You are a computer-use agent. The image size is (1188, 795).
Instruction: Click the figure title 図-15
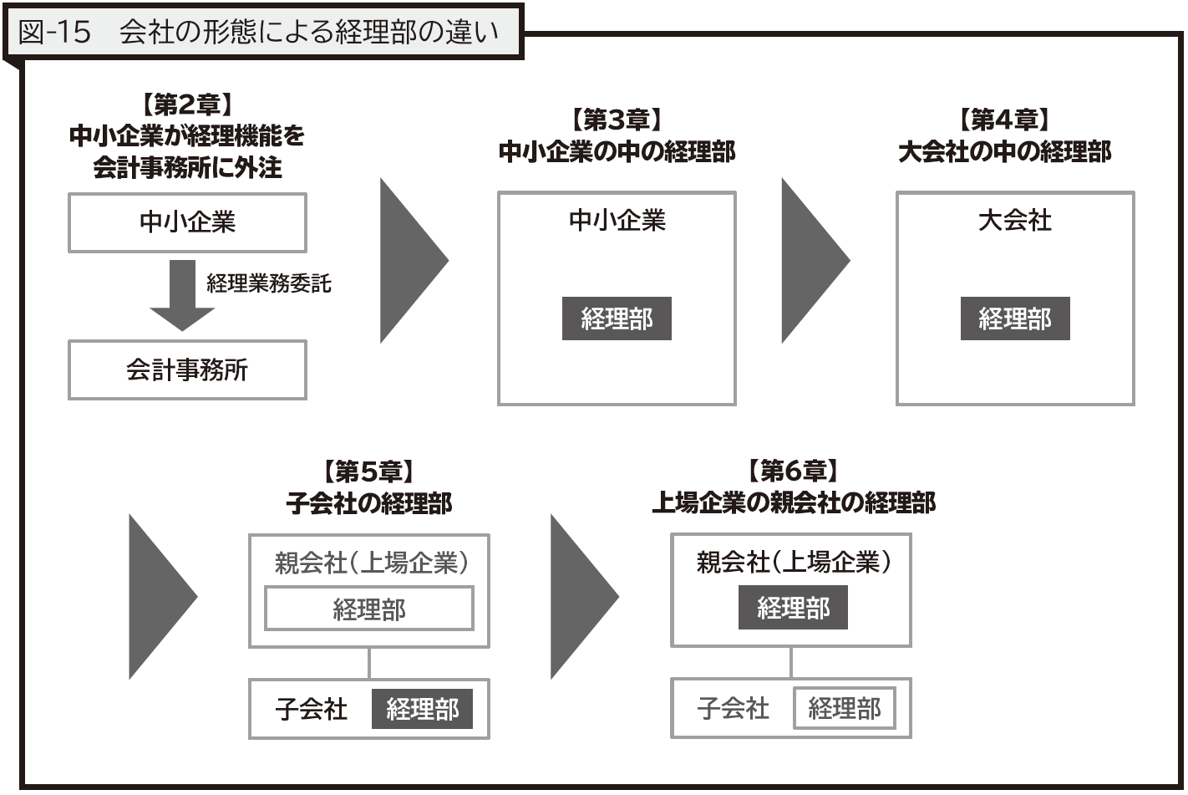point(54,32)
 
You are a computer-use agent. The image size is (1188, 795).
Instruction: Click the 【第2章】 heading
point(187,104)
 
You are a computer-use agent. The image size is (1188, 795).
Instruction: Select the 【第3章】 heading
point(617,120)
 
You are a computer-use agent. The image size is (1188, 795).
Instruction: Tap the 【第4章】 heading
point(1004,120)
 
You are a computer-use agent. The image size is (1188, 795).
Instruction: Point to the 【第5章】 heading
point(368,471)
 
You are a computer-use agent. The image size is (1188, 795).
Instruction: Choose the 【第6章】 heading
point(793,470)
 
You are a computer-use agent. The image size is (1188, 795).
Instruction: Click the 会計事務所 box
point(187,369)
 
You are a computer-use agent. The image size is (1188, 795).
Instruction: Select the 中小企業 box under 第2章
point(187,222)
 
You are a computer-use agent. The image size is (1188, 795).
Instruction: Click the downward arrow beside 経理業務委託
point(182,295)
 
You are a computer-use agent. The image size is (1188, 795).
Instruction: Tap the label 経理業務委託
point(269,283)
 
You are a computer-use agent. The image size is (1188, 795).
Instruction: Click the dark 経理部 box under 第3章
point(617,319)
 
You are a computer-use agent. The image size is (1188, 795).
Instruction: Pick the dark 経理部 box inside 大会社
point(1015,319)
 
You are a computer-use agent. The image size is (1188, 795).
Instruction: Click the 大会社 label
point(1015,220)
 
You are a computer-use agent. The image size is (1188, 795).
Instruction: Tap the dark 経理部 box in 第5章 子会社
point(422,709)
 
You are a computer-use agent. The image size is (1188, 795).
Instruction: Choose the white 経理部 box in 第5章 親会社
point(369,609)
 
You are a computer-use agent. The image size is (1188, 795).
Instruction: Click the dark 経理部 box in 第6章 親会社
point(793,607)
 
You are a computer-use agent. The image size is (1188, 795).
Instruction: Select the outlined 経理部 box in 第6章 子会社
point(845,708)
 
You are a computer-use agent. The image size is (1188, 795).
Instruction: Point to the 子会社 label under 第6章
point(733,709)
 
